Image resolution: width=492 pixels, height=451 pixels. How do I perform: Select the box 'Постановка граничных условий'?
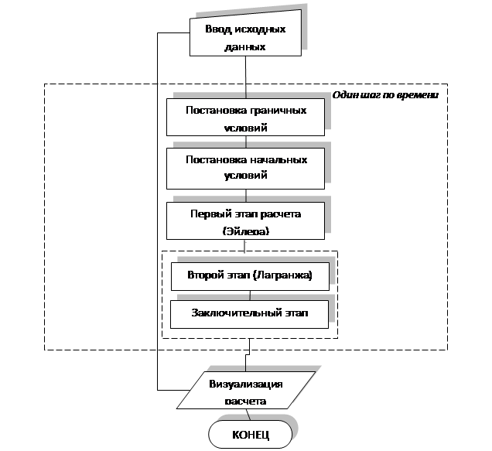[x=245, y=117]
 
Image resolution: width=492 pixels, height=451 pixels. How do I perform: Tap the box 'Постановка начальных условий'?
[x=245, y=169]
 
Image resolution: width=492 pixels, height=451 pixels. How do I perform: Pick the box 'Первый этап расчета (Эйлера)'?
[x=245, y=220]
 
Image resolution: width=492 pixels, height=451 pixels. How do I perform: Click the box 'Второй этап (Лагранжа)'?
[x=250, y=276]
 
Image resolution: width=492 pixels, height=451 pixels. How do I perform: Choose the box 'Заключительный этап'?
[x=249, y=315]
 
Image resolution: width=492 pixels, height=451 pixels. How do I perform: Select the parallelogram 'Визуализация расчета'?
[x=246, y=390]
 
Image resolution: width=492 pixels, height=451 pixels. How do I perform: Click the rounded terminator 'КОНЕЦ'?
[x=251, y=434]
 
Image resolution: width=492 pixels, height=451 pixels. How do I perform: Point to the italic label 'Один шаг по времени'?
[x=385, y=95]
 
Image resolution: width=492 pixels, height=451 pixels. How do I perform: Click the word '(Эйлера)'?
[x=246, y=231]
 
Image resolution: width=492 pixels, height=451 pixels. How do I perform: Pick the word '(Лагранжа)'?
[x=282, y=275]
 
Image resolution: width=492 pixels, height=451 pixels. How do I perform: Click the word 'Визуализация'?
[x=246, y=384]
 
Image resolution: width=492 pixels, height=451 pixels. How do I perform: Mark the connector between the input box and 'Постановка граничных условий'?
[x=246, y=77]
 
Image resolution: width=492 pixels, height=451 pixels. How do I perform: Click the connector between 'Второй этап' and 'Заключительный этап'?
[x=250, y=296]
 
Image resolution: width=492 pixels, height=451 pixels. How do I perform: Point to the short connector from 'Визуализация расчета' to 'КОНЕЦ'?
[x=248, y=415]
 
